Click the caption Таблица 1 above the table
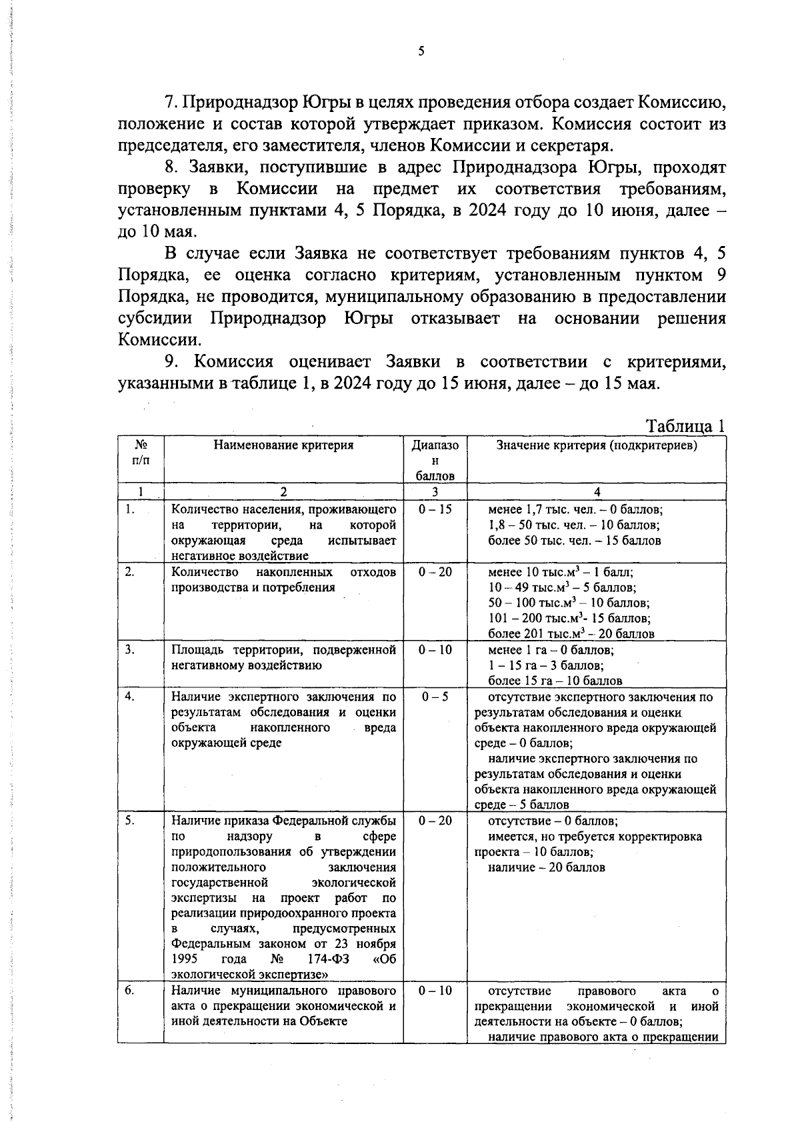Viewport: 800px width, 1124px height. click(x=685, y=426)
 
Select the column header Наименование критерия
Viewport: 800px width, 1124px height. click(x=283, y=445)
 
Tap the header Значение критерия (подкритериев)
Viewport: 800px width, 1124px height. click(x=597, y=445)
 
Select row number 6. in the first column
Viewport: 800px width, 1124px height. click(x=131, y=990)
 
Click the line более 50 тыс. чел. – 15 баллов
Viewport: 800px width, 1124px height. click(x=575, y=541)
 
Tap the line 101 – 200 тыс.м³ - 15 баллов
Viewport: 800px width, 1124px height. click(x=569, y=618)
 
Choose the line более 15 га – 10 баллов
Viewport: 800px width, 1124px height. click(x=555, y=681)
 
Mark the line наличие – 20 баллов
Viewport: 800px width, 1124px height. click(x=547, y=867)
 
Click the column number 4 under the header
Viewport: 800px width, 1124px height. click(x=597, y=492)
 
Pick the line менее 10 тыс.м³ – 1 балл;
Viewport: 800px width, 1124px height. click(x=561, y=572)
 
